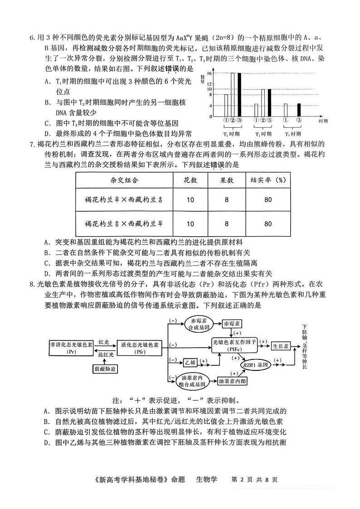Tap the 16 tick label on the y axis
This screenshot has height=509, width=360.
209,73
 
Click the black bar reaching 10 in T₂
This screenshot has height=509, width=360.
269,102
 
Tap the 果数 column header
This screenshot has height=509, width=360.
227,180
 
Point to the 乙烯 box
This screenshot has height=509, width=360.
190,362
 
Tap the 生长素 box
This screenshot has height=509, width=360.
281,346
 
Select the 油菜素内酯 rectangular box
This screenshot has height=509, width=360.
233,381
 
